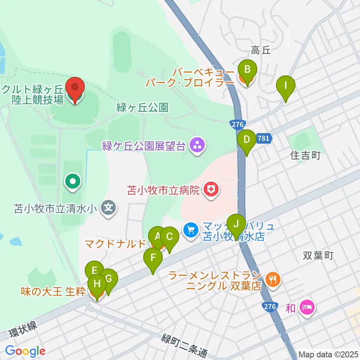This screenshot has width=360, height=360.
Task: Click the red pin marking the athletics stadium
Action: point(75,88)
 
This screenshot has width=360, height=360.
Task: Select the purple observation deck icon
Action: point(197,146)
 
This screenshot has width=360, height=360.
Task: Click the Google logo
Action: point(25,351)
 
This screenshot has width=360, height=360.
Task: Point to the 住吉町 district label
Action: point(306,156)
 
